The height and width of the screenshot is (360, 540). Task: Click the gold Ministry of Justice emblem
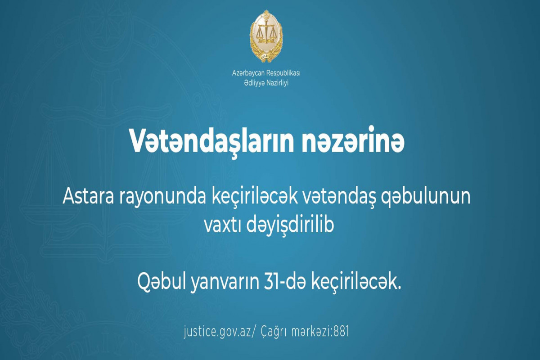pos(266,36)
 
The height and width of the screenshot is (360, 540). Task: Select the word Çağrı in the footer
pos(274,332)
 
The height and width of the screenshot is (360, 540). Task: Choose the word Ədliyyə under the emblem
pos(254,83)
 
